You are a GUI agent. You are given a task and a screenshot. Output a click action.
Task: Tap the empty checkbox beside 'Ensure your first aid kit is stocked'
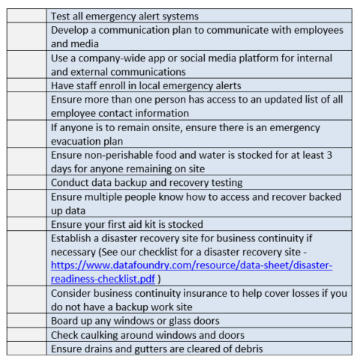pos(26,224)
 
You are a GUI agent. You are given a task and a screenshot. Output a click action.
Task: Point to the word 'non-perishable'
pos(120,154)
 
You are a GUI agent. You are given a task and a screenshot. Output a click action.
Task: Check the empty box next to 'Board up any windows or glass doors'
pos(26,321)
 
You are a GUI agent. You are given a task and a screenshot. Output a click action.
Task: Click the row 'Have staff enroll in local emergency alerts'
pos(145,85)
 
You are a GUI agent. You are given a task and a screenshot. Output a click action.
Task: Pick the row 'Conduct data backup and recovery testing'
pos(146,182)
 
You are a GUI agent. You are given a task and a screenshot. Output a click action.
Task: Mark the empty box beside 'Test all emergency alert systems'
pos(26,16)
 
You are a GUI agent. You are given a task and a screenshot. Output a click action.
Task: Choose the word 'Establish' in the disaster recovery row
pos(73,238)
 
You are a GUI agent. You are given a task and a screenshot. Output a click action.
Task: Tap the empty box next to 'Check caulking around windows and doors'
pos(26,335)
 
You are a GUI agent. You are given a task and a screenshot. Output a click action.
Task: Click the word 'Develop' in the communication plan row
pos(72,30)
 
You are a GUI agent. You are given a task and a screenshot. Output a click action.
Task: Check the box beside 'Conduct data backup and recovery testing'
pos(26,182)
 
